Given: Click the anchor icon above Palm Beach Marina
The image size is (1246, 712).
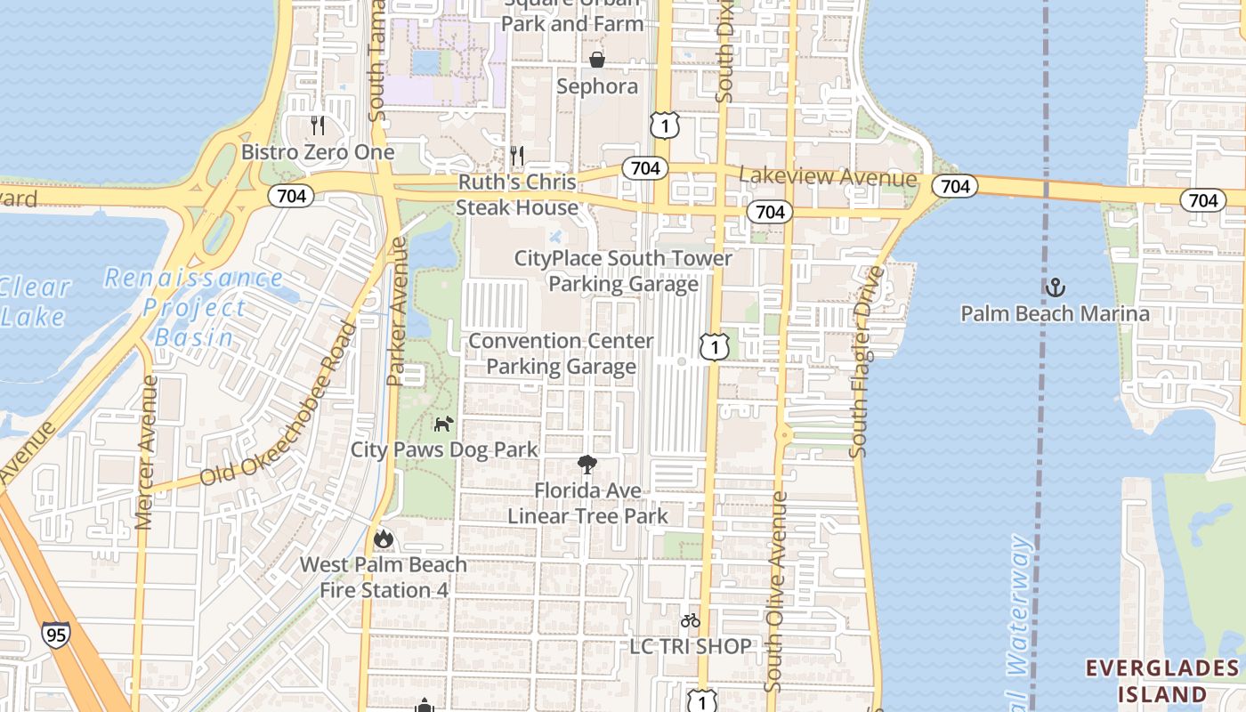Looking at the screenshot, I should click(x=1055, y=287).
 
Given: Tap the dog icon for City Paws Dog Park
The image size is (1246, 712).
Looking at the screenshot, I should click(x=443, y=424).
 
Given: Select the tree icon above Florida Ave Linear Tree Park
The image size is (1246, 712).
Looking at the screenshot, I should click(x=587, y=465).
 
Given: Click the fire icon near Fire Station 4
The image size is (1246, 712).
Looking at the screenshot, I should click(x=384, y=538).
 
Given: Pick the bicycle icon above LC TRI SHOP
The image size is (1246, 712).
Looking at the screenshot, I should click(x=690, y=620).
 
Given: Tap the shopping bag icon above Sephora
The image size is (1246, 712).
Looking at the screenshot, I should click(x=597, y=60).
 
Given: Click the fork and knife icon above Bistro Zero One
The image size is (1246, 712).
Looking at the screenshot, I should click(x=318, y=125).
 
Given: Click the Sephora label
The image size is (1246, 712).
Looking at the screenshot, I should click(x=597, y=86).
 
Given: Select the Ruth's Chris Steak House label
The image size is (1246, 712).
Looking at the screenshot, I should click(x=517, y=195).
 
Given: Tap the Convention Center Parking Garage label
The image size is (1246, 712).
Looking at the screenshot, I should click(x=561, y=353).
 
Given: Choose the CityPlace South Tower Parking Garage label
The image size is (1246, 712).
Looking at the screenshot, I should click(x=623, y=271).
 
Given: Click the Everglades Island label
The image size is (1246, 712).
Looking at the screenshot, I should click(x=1162, y=681).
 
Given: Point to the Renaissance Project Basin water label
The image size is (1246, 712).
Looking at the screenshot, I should click(x=194, y=307).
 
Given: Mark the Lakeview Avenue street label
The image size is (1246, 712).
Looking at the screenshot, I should click(x=828, y=177).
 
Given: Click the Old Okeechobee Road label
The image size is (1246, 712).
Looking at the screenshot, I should click(x=278, y=404).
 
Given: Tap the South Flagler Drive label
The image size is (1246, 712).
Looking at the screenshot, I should click(x=867, y=361).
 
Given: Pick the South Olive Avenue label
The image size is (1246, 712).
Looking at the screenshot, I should click(x=777, y=591).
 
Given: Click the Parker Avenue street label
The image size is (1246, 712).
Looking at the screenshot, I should click(x=397, y=311).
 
